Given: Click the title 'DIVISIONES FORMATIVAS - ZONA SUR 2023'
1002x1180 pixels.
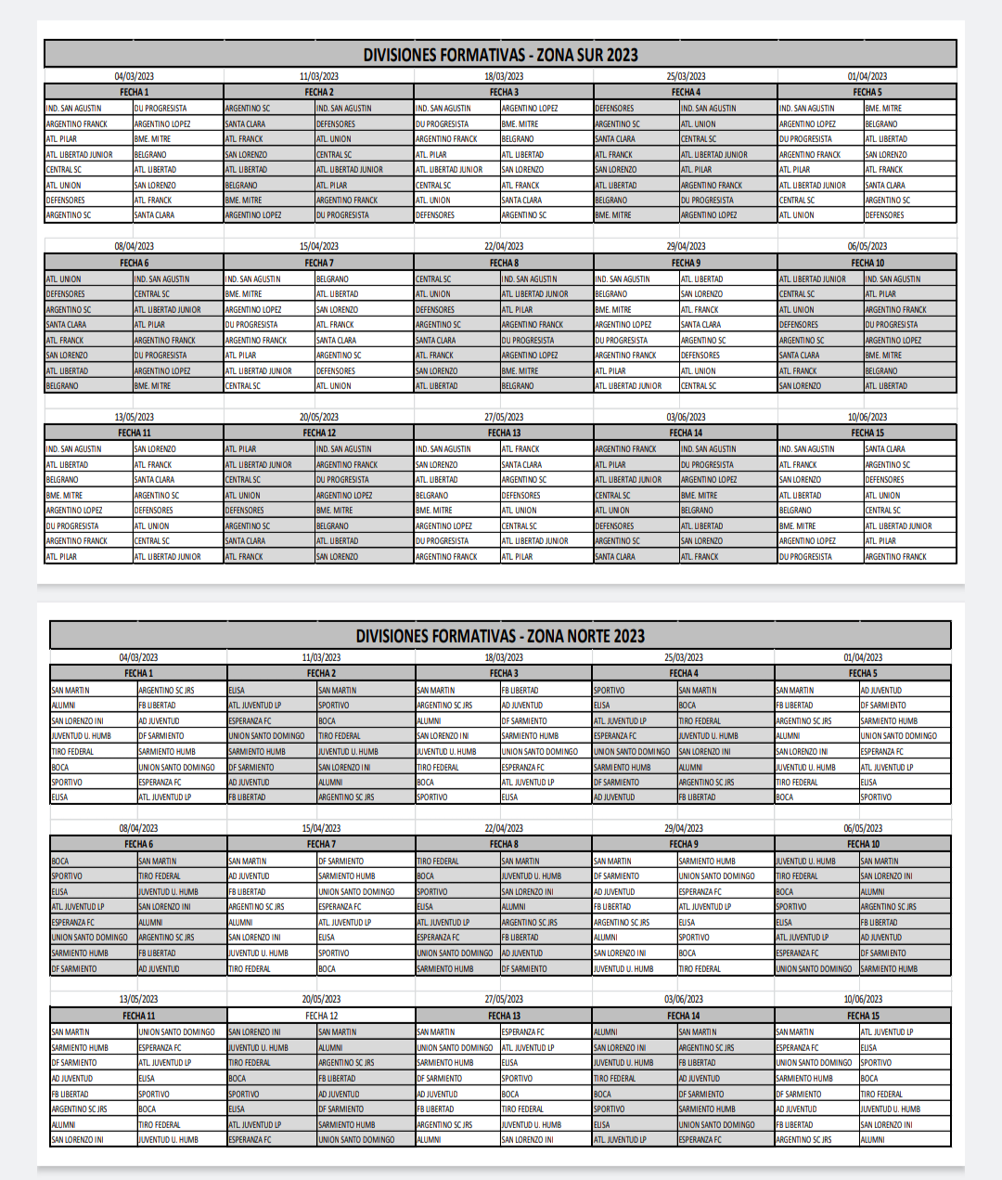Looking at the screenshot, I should click(500, 55).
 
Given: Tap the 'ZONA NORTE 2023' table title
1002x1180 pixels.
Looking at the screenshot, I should click(500, 636).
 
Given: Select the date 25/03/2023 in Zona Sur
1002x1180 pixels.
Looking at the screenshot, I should click(686, 76).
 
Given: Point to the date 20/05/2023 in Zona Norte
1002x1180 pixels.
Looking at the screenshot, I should click(321, 999).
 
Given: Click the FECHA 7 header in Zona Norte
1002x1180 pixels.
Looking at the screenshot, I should click(321, 844).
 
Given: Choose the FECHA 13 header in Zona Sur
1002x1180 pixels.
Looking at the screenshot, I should click(504, 433).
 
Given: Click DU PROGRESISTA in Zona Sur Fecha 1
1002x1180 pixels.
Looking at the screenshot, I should click(161, 109).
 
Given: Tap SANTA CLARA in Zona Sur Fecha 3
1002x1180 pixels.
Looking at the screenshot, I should click(521, 201).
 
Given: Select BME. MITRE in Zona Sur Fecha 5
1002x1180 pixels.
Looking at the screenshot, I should click(883, 109).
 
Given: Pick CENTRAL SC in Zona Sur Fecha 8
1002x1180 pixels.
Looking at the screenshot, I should click(433, 279).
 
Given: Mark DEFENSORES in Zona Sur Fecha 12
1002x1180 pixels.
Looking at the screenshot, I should click(245, 511).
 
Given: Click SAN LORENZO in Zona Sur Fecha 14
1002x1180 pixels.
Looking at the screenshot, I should click(701, 541).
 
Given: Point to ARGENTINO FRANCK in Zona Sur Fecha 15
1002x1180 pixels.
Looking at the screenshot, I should click(895, 557).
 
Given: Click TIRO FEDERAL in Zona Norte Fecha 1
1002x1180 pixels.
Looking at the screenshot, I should click(72, 752).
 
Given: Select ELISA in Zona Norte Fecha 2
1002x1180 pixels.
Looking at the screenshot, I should click(237, 691).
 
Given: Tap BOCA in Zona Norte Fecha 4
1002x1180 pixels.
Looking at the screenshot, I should click(687, 706).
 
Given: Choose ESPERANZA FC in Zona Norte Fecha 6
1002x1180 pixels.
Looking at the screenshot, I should click(72, 923).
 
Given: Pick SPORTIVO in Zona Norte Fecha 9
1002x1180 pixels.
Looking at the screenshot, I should click(693, 938).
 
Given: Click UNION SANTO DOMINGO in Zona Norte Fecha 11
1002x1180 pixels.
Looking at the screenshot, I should click(176, 1032).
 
